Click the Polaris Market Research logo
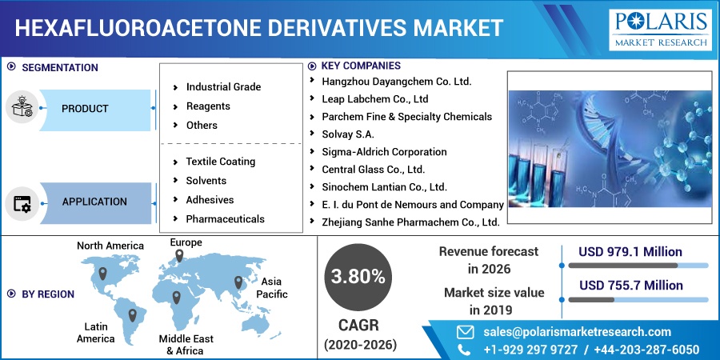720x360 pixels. tap(660, 30)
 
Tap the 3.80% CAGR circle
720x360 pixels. tap(358, 277)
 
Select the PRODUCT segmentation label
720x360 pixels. tap(85, 109)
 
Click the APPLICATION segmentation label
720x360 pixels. tap(94, 202)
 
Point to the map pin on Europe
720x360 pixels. tap(179, 256)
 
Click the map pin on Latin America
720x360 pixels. tap(132, 315)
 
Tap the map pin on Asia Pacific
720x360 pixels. tap(238, 282)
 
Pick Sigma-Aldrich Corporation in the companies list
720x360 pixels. tap(384, 152)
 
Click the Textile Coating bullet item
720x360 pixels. tap(221, 162)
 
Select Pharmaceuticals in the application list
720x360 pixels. tap(225, 219)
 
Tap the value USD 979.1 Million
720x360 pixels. tap(630, 252)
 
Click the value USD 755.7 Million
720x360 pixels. tap(631, 286)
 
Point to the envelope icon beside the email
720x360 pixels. tap(465, 332)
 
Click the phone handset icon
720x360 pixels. tap(464, 350)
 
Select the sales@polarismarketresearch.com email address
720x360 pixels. tap(577, 332)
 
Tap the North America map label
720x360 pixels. tap(110, 246)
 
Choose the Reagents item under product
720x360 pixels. tap(208, 106)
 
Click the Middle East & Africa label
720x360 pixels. tap(186, 345)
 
